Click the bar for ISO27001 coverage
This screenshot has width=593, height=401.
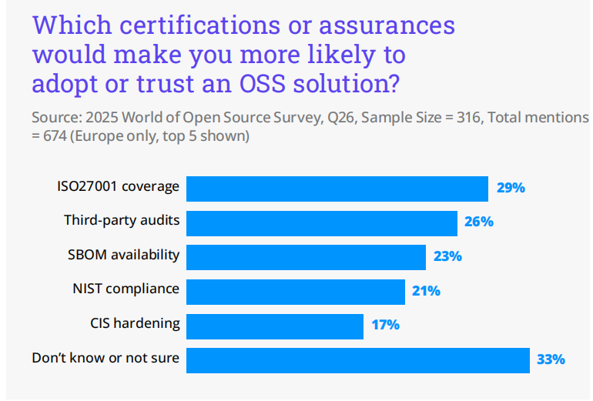(337, 189)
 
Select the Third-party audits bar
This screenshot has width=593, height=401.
(322, 222)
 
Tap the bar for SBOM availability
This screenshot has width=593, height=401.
(306, 257)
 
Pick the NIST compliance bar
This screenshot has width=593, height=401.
(296, 291)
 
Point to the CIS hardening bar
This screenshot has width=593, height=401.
(275, 326)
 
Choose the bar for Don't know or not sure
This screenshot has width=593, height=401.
(358, 359)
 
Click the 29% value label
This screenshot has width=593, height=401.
(510, 188)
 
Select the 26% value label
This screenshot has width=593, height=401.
(479, 222)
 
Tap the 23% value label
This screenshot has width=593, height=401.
(447, 256)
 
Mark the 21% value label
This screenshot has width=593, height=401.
(426, 291)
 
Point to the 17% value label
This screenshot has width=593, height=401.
(385, 325)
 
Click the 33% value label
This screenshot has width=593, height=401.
(551, 359)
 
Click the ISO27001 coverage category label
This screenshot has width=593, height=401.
(118, 186)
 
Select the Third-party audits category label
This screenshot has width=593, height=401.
(122, 220)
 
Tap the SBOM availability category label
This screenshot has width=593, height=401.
(124, 254)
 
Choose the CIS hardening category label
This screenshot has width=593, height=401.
(135, 322)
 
